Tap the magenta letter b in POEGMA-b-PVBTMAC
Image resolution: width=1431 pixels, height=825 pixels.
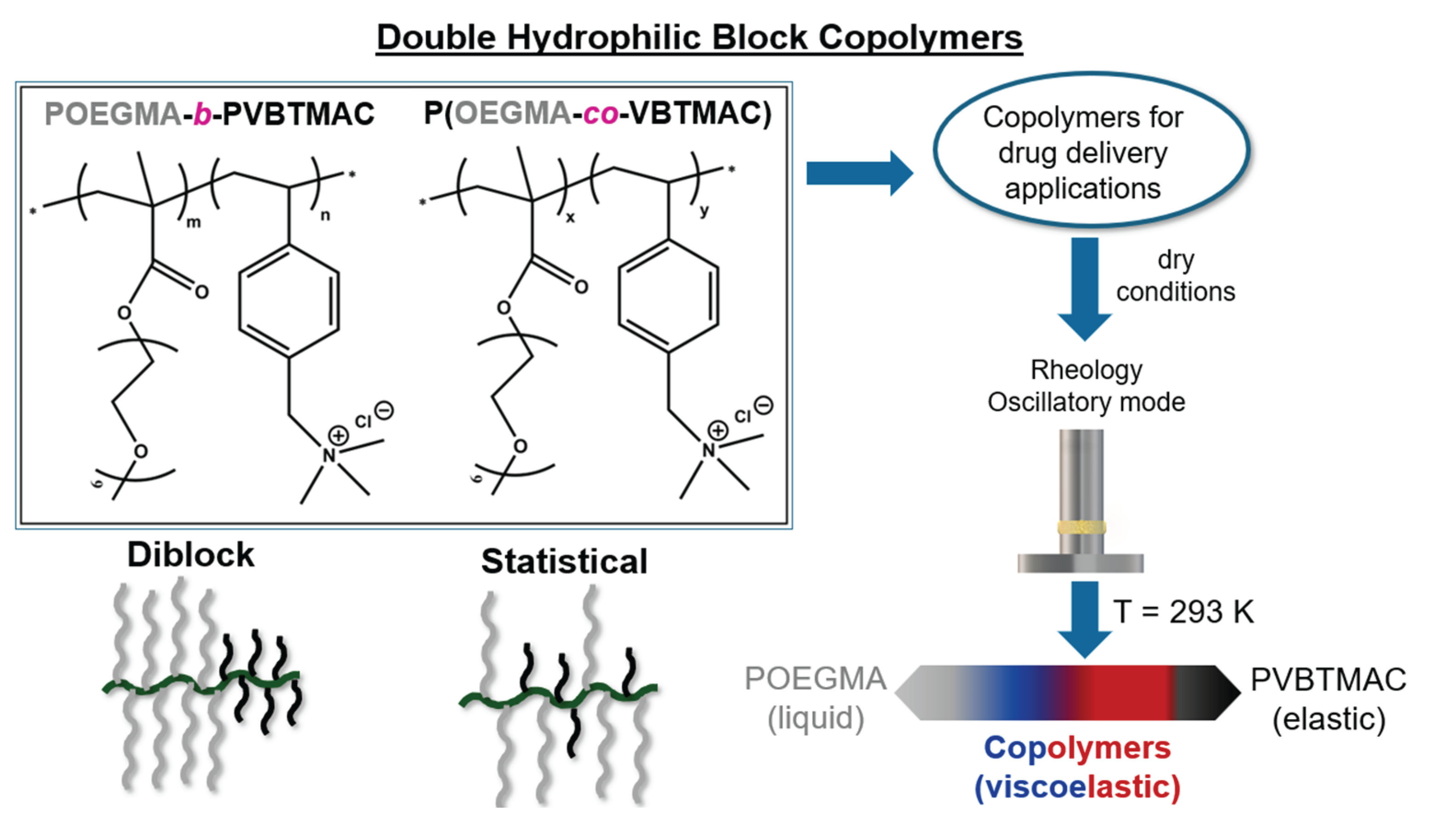(x=202, y=114)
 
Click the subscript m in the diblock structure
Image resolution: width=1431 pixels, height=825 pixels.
(x=194, y=222)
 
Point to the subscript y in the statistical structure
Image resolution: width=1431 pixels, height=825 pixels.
(x=704, y=211)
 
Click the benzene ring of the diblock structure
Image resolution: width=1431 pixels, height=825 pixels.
(x=289, y=300)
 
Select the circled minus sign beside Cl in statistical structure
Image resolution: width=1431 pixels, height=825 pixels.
(x=764, y=405)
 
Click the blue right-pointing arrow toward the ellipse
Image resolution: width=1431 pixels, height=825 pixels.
(x=859, y=173)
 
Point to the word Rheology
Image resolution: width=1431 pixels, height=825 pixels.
(x=1086, y=370)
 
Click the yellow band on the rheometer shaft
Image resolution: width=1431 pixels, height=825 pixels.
(x=1082, y=527)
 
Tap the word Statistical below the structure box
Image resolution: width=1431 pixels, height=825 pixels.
(x=564, y=561)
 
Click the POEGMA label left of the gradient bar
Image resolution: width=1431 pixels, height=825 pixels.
(x=815, y=679)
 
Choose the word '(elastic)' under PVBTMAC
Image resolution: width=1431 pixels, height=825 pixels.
(x=1328, y=719)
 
